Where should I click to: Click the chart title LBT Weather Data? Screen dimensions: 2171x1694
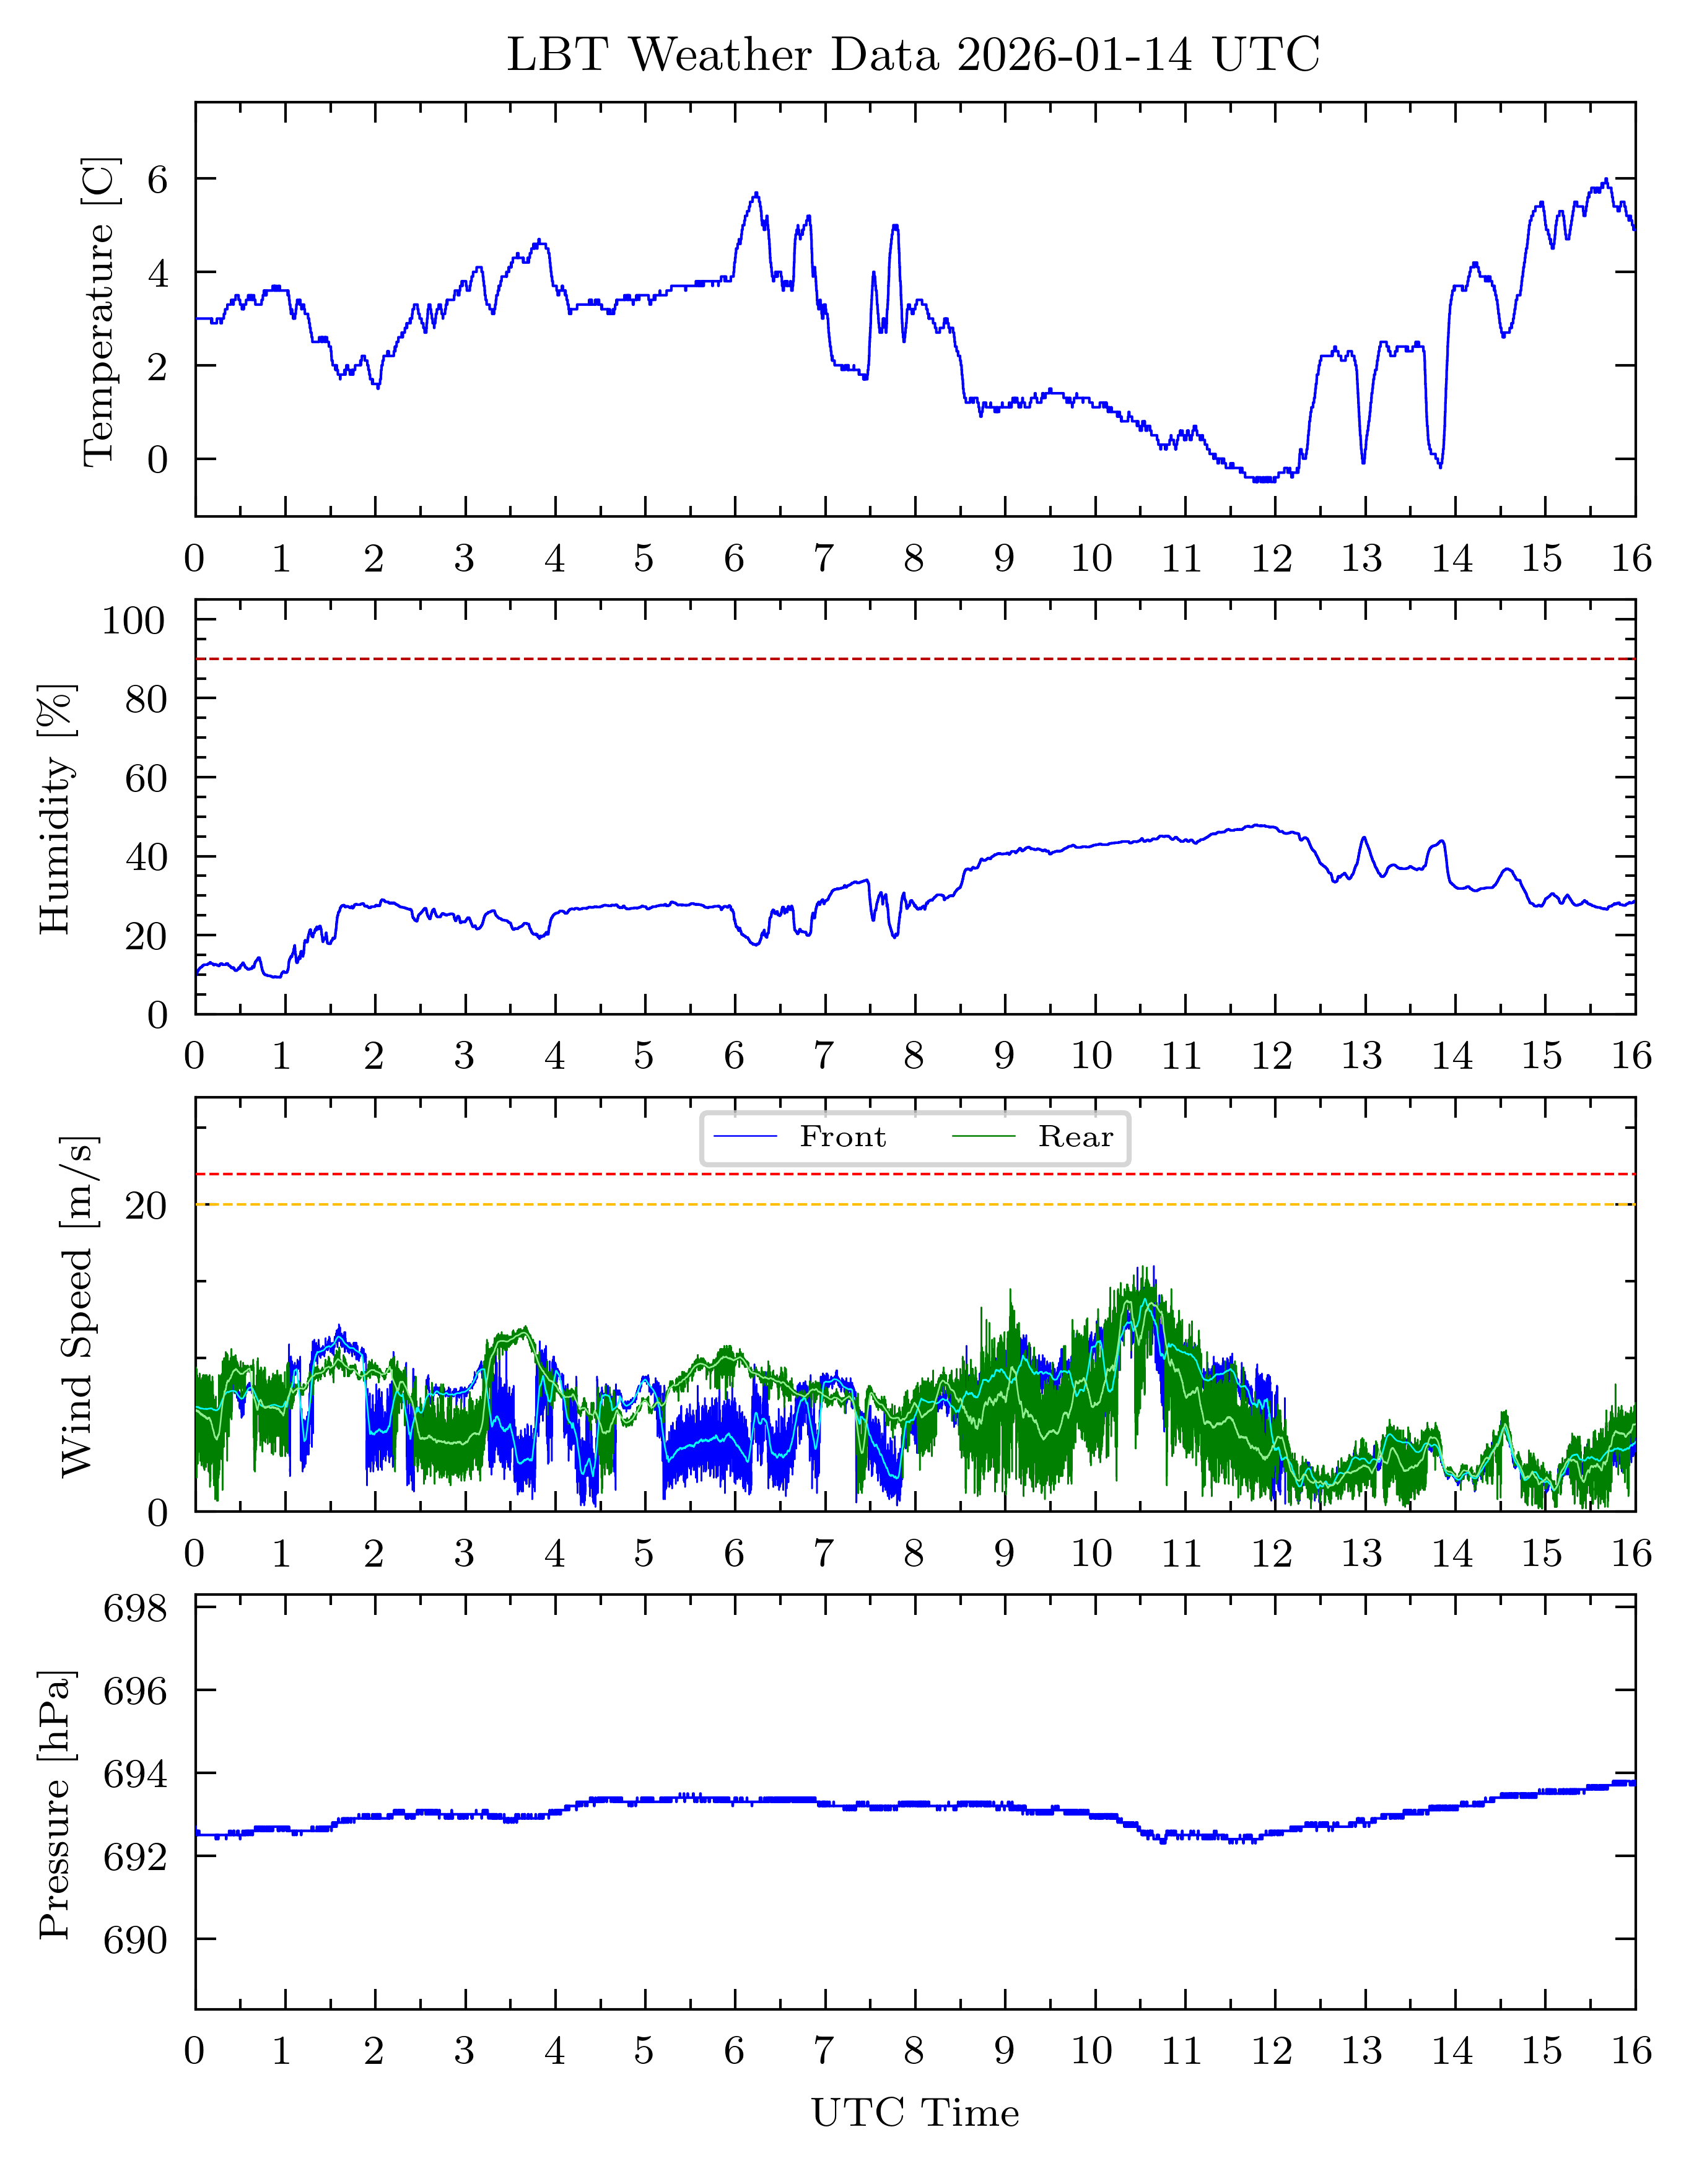912,54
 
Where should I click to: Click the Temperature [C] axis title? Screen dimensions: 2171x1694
100,311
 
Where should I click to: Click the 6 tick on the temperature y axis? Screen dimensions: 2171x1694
157,179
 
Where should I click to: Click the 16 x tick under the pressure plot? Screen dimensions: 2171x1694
1631,2051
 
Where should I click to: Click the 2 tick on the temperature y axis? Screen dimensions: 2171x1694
157,367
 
